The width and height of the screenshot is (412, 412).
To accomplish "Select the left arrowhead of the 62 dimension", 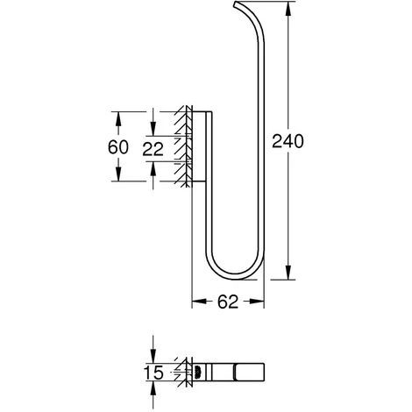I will click(x=196, y=301).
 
